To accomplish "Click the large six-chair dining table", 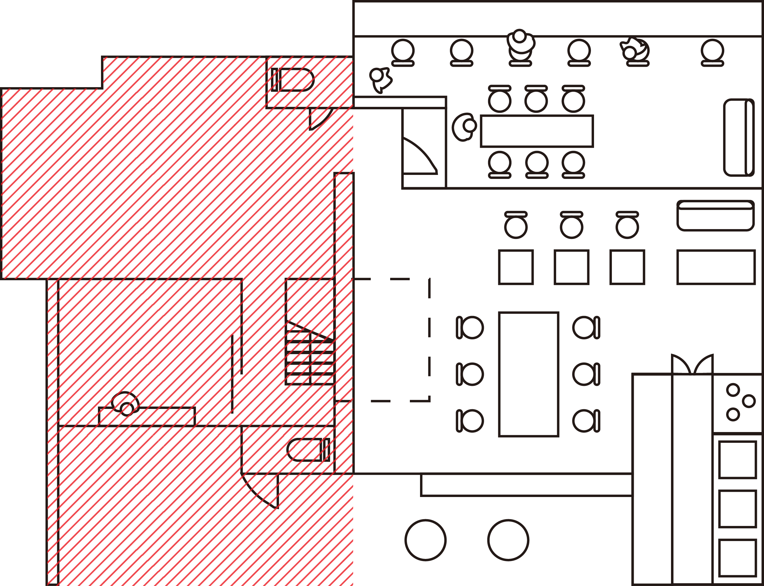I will [x=528, y=374].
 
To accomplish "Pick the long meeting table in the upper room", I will [x=536, y=131].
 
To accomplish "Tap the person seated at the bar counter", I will [x=520, y=42].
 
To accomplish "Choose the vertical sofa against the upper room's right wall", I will [x=738, y=137].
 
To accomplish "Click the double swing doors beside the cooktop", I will [x=692, y=365].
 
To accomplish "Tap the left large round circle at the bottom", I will [x=425, y=540].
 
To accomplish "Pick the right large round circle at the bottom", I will [x=508, y=540].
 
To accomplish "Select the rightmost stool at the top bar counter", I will [x=712, y=52].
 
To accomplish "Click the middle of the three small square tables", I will [x=572, y=267].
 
